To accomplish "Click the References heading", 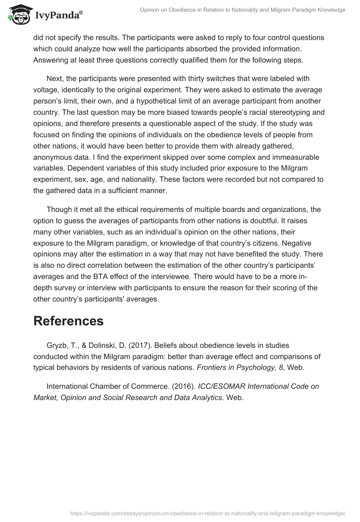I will coord(68,321).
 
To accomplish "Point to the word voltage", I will coord(47,90).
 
